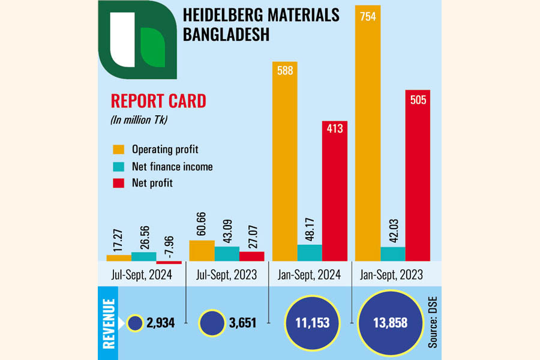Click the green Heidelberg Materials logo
(137, 41)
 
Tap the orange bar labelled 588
(284, 162)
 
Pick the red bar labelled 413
(335, 192)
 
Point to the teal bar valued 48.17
(310, 253)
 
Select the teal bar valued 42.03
(393, 254)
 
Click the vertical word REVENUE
(109, 323)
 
